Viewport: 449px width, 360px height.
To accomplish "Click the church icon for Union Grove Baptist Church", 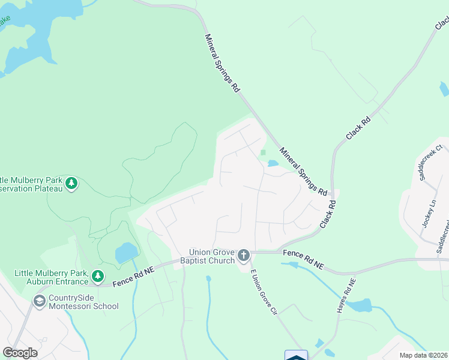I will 244,256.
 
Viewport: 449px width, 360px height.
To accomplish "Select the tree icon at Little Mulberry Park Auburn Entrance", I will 98,277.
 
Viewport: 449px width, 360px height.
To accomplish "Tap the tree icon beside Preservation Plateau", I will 71,183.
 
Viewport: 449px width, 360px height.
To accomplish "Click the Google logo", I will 20,353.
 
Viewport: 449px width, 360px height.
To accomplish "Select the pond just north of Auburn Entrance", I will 125,253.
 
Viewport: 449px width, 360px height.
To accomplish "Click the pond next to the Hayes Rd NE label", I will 360,305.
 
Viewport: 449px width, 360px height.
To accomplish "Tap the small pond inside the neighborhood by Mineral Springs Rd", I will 273,163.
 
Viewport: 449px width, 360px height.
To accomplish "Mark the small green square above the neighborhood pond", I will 263,152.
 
